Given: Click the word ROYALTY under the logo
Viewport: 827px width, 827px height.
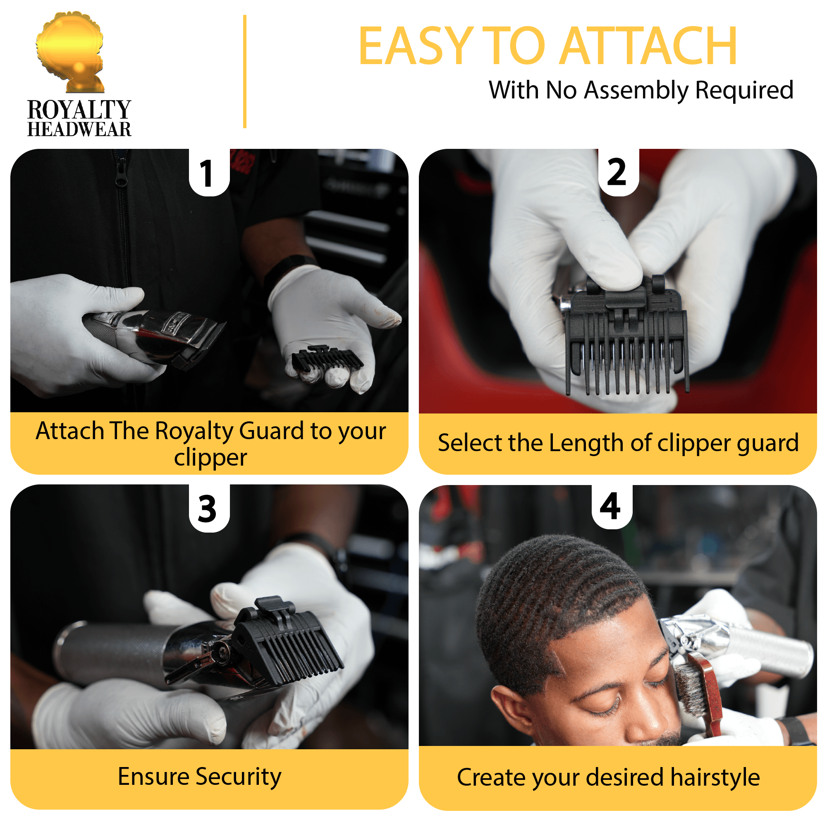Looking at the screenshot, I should click(79, 110).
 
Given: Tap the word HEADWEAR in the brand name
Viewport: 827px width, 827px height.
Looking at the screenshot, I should click(79, 129).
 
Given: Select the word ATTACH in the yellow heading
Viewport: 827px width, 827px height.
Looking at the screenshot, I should click(648, 46).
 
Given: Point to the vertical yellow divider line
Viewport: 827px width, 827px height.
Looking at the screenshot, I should click(245, 72).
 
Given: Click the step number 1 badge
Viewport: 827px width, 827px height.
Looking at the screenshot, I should click(208, 173).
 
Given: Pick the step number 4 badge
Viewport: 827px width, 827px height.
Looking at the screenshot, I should click(611, 507).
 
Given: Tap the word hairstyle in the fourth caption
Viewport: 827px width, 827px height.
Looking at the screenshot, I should click(715, 777).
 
